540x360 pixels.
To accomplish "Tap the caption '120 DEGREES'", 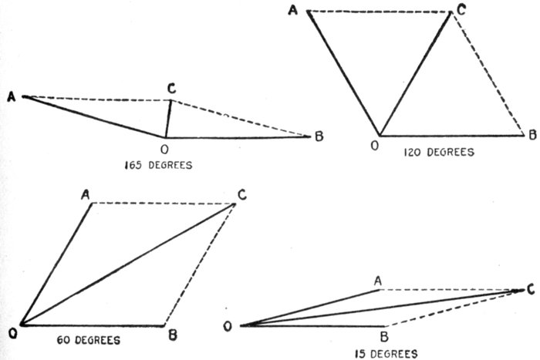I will (x=438, y=152).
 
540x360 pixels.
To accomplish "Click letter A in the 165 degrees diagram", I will (x=11, y=96).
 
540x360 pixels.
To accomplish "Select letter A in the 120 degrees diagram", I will (x=294, y=9).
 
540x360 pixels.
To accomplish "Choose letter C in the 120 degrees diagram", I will (x=460, y=8).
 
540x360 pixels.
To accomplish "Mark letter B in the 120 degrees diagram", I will (x=532, y=136).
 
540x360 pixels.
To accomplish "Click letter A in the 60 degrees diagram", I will (x=86, y=194).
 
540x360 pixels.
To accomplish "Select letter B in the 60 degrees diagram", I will (x=174, y=334).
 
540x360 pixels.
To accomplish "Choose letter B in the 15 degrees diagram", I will (x=384, y=336).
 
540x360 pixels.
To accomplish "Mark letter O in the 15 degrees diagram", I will (x=228, y=327).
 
